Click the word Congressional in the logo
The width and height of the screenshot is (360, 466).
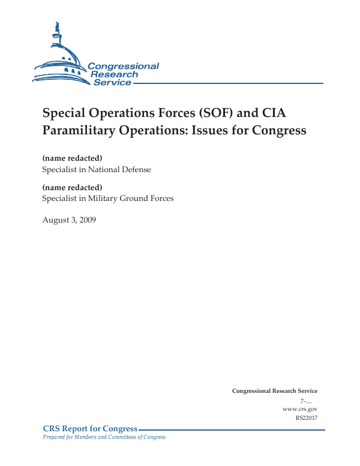click(x=123, y=67)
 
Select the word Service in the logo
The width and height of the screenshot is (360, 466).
click(x=112, y=82)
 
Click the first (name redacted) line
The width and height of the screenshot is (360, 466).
click(x=72, y=158)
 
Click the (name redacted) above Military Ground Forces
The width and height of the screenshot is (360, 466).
click(x=72, y=187)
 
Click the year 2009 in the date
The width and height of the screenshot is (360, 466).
click(x=87, y=220)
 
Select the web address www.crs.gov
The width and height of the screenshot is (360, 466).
click(x=299, y=408)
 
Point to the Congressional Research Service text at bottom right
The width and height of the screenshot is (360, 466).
click(x=274, y=391)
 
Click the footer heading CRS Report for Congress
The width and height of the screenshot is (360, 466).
click(x=90, y=428)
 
